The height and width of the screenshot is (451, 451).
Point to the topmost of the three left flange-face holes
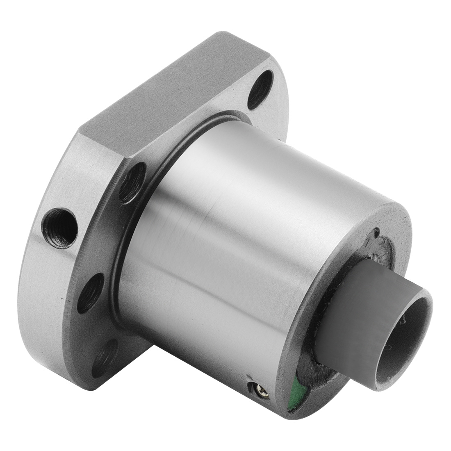(132, 183)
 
